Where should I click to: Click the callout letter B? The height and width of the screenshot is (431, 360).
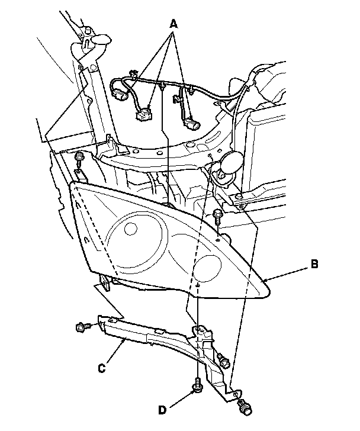click(314, 265)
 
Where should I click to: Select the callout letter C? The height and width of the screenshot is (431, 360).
click(101, 368)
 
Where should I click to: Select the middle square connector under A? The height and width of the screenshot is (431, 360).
click(143, 114)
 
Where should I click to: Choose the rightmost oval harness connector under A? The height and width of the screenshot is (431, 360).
click(193, 125)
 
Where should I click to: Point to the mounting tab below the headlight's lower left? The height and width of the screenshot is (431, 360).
click(106, 282)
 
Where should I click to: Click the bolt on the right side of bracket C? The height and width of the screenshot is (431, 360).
click(223, 360)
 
